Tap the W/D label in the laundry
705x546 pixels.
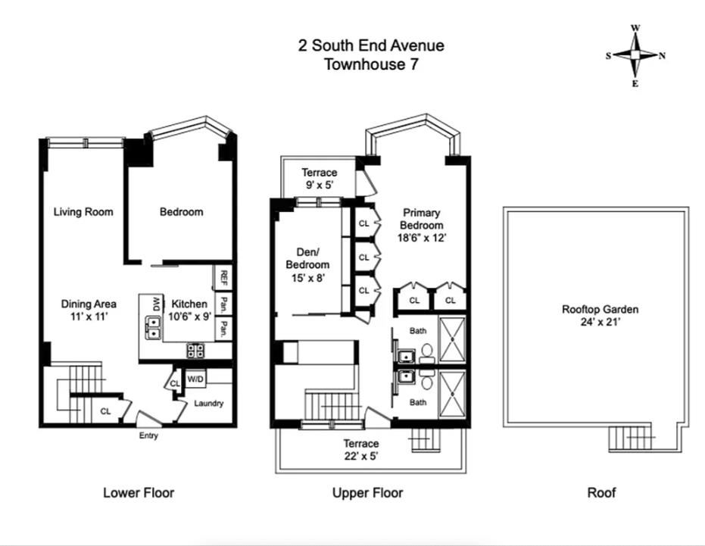point(195,379)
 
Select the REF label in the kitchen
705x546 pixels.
point(223,279)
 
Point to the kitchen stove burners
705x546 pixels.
point(195,351)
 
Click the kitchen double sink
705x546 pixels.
point(153,327)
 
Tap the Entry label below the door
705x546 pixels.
point(149,435)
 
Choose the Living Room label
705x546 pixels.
point(83,212)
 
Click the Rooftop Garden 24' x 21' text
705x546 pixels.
point(600,315)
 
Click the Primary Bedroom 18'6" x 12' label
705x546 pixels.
point(421,226)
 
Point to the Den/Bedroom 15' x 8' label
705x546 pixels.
point(307,265)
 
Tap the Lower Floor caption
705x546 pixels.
point(139,492)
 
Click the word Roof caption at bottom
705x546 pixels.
point(601,492)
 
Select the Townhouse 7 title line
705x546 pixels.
point(371,64)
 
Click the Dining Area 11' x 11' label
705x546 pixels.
point(89,310)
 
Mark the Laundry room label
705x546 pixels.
point(209,404)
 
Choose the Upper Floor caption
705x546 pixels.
point(367,493)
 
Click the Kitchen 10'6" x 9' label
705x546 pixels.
point(189,310)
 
